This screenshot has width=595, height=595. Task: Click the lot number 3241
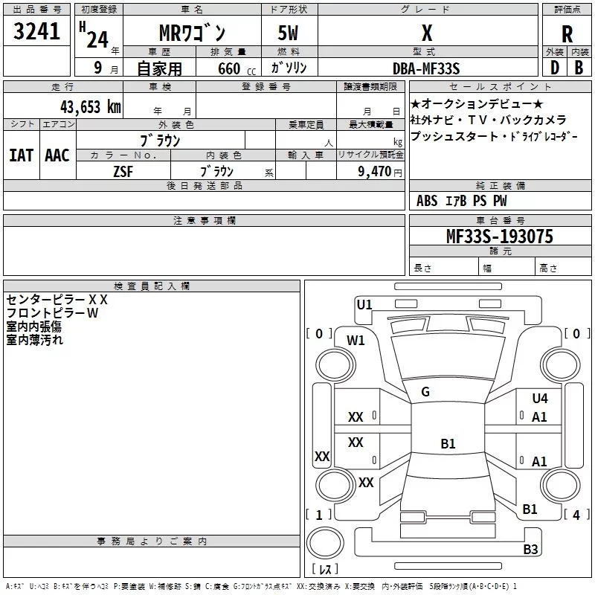[x=37, y=32]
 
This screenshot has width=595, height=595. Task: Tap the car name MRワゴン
[x=193, y=33]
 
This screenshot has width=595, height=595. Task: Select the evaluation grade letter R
[x=567, y=34]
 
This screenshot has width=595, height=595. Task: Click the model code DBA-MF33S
[x=427, y=68]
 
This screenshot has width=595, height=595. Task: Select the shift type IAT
[x=21, y=155]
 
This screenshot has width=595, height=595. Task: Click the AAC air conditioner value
[x=57, y=155]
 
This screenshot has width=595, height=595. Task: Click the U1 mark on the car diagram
[x=364, y=303]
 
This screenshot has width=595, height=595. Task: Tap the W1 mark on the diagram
[x=356, y=341]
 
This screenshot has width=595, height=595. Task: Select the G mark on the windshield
[x=425, y=392]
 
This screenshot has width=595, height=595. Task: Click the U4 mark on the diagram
[x=539, y=399]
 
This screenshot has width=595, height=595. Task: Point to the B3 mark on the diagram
[x=530, y=550]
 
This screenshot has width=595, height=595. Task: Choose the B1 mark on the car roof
[x=448, y=444]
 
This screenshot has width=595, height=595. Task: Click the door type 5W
[x=290, y=33]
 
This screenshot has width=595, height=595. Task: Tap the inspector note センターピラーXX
[x=58, y=300]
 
